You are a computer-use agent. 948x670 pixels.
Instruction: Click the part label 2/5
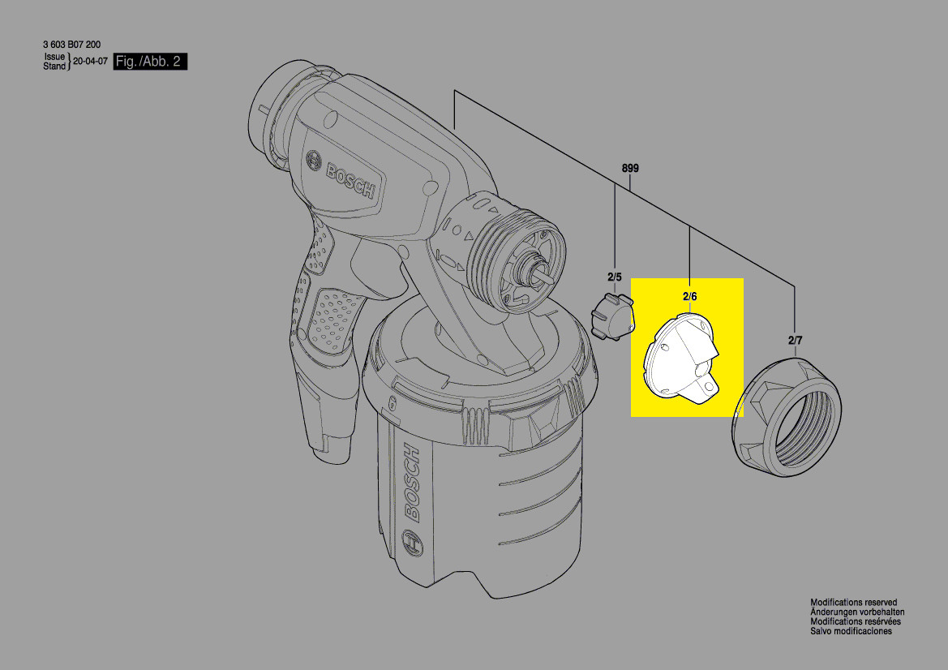[614, 277]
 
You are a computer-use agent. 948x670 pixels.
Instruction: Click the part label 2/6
[690, 296]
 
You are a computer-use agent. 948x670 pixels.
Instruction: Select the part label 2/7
[795, 341]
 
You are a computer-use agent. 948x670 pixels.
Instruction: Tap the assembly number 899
[630, 168]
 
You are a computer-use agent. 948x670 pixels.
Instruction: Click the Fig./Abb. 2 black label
[151, 61]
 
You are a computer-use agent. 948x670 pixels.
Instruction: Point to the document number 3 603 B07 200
[72, 44]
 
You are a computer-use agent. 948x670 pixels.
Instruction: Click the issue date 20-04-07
[90, 61]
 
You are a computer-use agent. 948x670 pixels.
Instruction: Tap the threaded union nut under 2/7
[787, 418]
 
